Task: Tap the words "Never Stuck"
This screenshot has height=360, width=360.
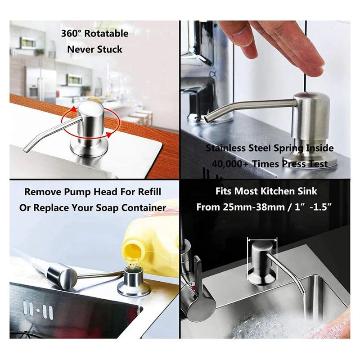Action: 95,49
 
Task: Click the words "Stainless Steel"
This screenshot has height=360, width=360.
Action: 238,148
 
